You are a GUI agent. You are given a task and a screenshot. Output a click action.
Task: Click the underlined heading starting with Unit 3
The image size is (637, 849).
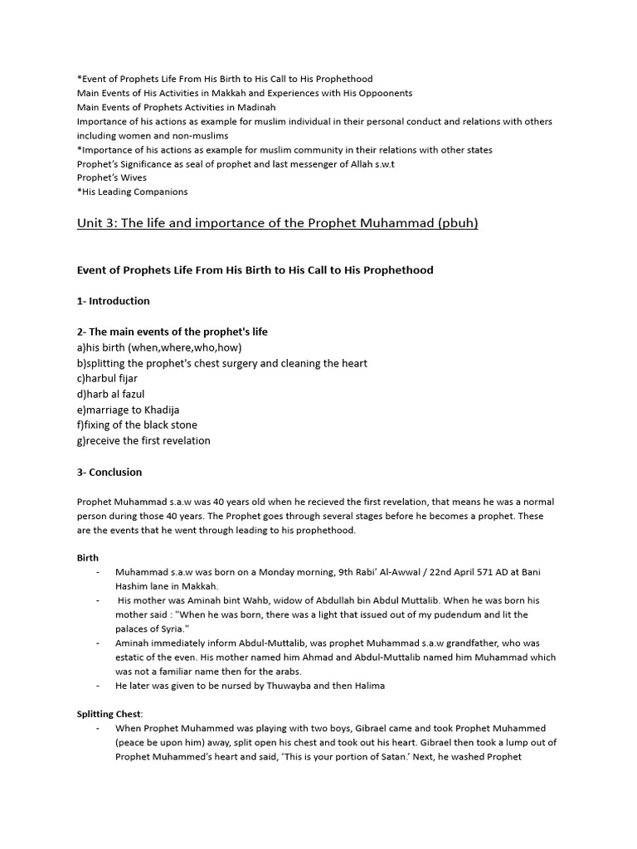point(277,224)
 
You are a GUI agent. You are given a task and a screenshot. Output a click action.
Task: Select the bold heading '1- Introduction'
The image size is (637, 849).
point(114,301)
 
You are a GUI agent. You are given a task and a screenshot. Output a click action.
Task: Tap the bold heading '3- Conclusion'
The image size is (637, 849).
point(109,472)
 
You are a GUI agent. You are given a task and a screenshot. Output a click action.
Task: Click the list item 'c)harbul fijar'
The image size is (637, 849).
point(107,378)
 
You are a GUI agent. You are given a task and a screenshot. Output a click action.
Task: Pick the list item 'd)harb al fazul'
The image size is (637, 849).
point(110,394)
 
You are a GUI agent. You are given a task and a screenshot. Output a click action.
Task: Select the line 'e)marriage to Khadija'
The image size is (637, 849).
point(128,410)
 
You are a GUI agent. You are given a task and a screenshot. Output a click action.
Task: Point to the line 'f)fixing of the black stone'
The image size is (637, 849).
point(137,425)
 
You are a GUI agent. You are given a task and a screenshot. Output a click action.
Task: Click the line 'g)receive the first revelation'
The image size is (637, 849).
point(143,440)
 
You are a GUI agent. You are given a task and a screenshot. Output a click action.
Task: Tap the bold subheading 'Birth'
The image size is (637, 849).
point(88,558)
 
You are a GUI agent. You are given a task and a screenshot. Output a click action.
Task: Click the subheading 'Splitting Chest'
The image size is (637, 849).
point(109,713)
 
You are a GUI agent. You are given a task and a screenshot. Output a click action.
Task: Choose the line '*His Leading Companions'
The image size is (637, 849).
point(132,192)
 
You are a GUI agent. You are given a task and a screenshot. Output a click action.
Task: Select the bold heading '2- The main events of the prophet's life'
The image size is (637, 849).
point(173,332)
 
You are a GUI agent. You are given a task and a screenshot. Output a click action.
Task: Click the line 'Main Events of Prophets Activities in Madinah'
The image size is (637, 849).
point(177,107)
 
